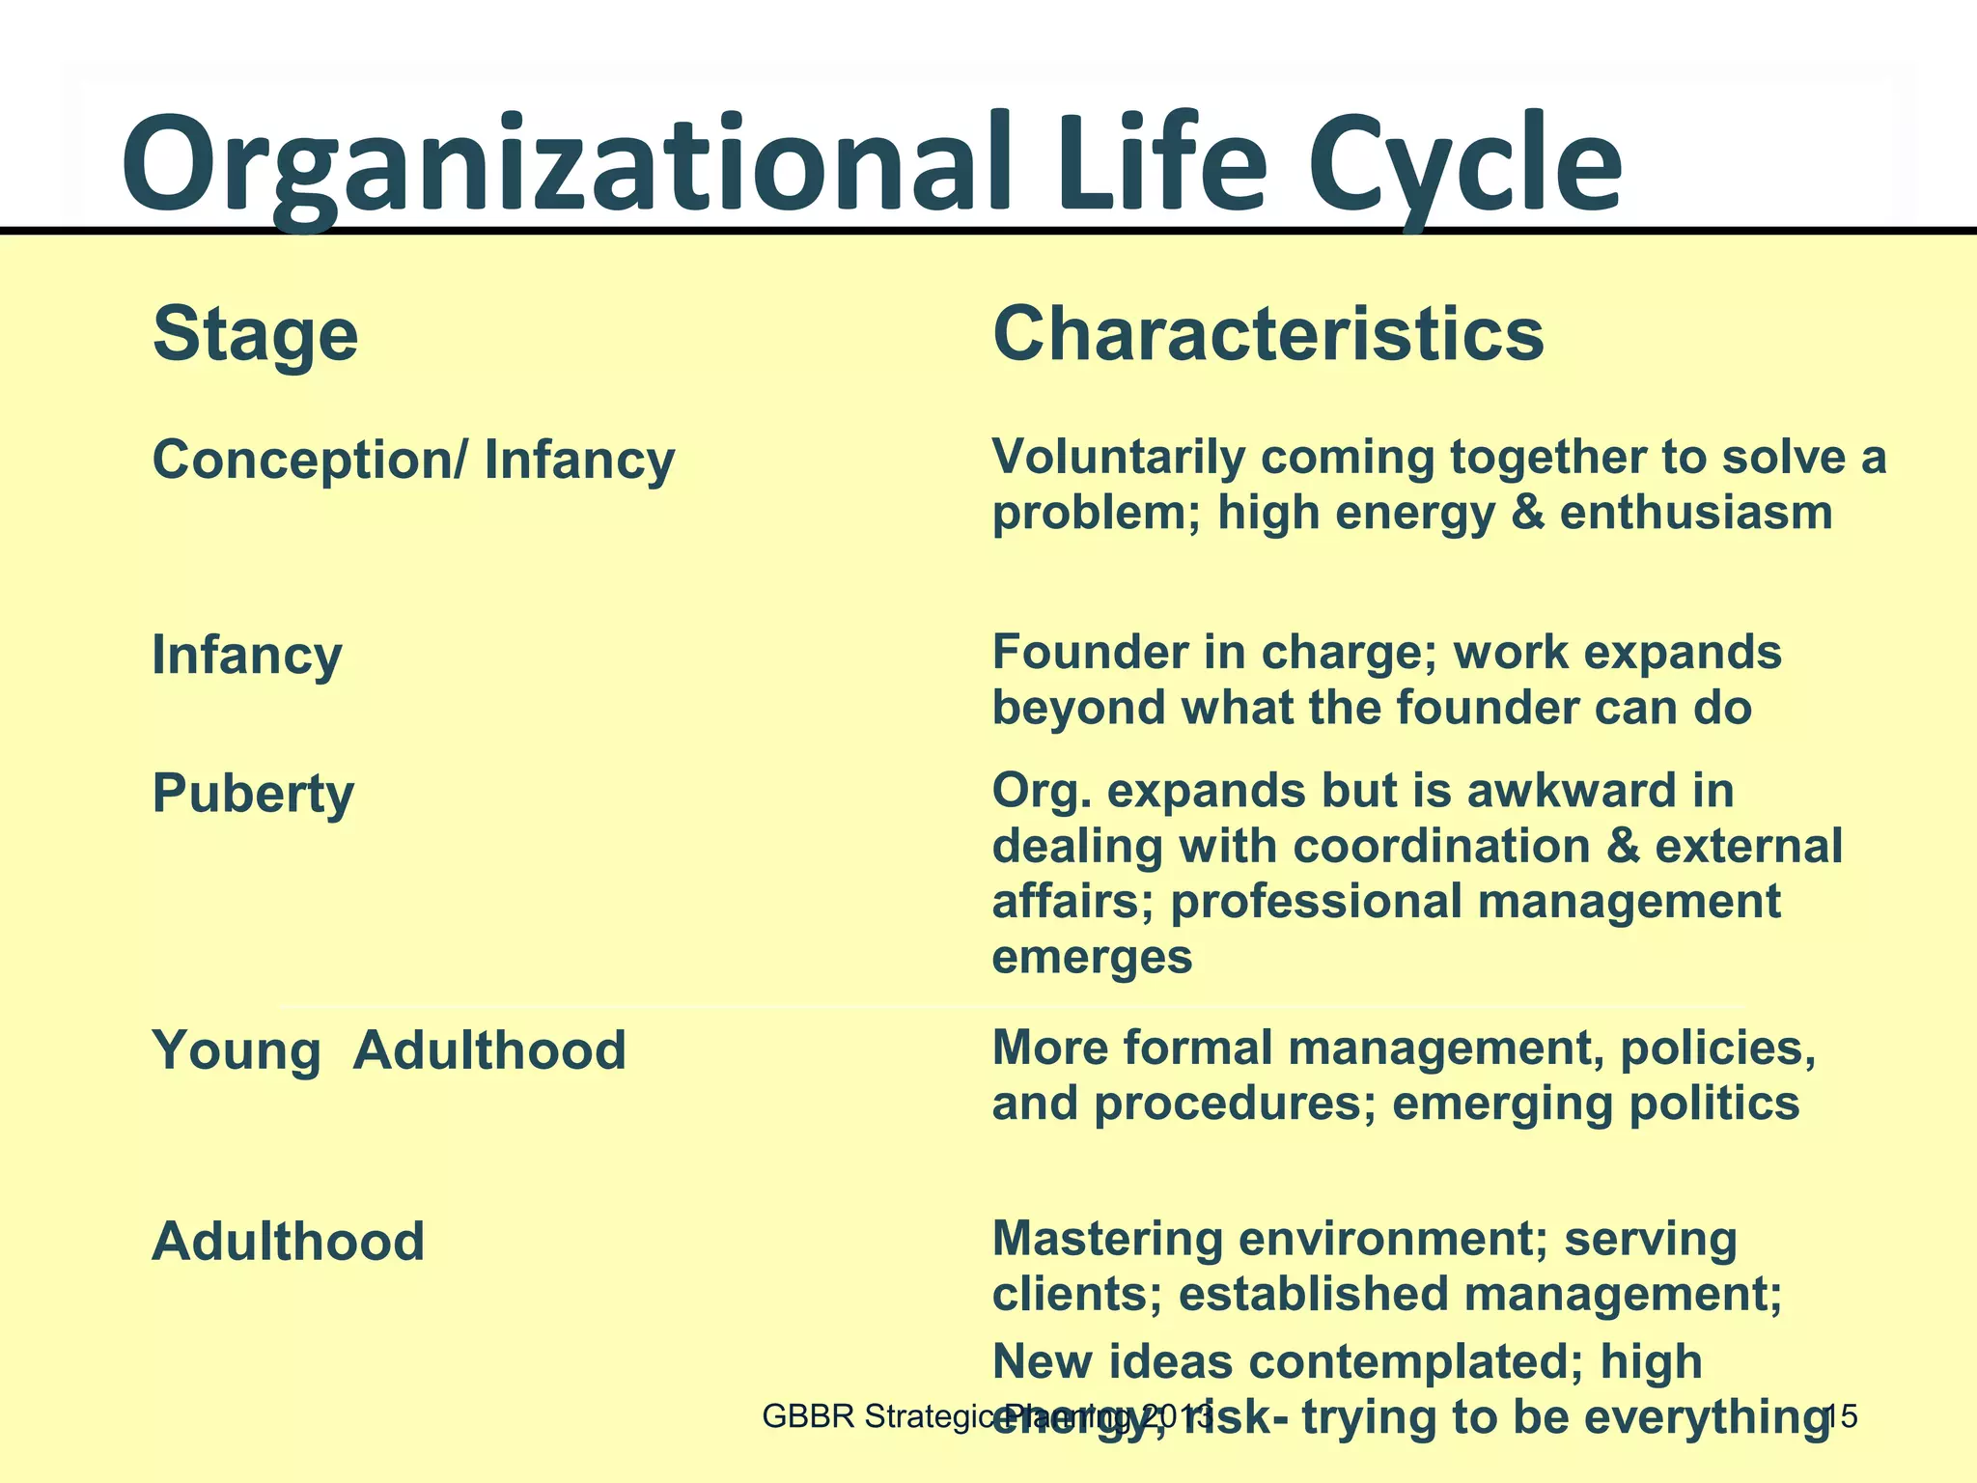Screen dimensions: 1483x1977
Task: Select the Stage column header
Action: tap(256, 334)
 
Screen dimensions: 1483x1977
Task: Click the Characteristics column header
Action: tap(1268, 334)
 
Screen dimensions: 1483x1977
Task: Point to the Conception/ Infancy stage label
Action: tap(413, 460)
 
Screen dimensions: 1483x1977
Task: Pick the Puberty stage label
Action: tap(253, 795)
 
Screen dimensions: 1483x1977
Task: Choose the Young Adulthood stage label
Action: tap(389, 1049)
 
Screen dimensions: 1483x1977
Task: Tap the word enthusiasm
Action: tap(1696, 512)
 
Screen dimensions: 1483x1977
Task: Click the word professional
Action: tap(1316, 902)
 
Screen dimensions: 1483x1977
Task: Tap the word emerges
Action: tap(1092, 957)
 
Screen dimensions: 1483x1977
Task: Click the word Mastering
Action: tap(1107, 1240)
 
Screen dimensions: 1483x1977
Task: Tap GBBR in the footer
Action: tap(808, 1416)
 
